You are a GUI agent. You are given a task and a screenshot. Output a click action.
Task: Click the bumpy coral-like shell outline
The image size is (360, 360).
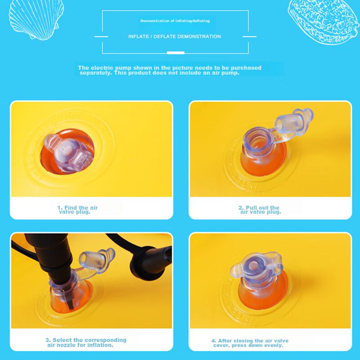[324, 22]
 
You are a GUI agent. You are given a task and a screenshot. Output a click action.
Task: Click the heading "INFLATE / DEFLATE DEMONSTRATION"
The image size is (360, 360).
[175, 36]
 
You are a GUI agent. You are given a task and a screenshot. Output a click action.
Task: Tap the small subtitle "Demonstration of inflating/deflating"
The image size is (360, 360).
[175, 21]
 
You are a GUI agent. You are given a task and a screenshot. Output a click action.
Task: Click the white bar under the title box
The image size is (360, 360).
[175, 53]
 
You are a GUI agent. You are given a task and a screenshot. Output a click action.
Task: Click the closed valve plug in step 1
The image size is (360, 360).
[68, 153]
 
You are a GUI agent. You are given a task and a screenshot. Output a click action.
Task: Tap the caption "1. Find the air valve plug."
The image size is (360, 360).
[77, 210]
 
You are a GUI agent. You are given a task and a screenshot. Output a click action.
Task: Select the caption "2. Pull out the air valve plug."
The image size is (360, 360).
[260, 210]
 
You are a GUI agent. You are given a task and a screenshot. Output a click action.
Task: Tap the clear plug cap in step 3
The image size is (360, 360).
[96, 261]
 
